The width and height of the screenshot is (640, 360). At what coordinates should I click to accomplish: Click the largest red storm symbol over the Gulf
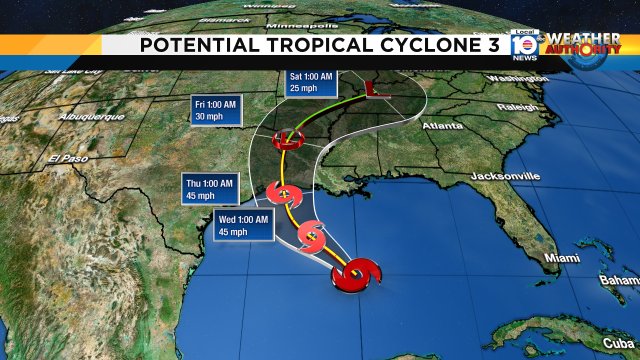click(x=354, y=276)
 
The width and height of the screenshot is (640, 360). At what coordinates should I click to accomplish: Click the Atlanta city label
click(x=442, y=126)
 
